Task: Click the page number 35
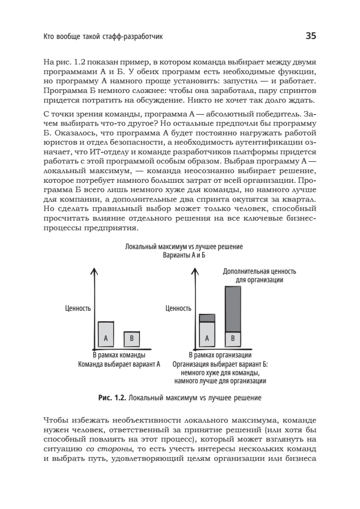[x=311, y=36]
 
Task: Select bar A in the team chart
[x=106, y=334]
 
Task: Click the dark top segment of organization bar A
[x=207, y=318]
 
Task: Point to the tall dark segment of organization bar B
[x=232, y=309]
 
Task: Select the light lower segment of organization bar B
[x=232, y=338]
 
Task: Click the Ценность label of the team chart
[x=78, y=308]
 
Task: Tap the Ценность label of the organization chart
[x=178, y=308]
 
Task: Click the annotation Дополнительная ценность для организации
[x=260, y=275]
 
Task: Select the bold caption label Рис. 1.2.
[x=112, y=398]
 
